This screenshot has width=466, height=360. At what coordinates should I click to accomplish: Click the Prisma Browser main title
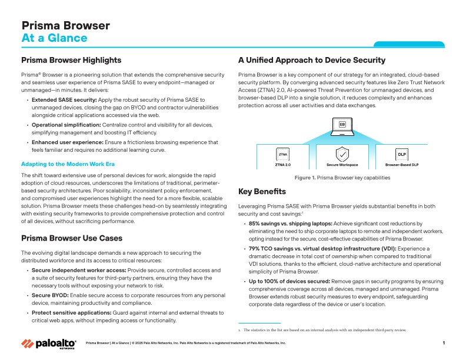(x=65, y=25)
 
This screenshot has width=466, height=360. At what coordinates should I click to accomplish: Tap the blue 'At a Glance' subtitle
(x=54, y=39)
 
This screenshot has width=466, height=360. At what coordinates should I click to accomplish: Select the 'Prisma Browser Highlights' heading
(x=71, y=60)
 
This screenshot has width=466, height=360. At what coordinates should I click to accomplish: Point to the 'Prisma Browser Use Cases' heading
(x=72, y=238)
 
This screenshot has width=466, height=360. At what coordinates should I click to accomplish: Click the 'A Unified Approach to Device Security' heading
(x=311, y=60)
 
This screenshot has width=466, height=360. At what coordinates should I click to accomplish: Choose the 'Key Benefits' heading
(x=262, y=192)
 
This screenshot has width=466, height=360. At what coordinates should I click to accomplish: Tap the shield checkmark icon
(x=342, y=154)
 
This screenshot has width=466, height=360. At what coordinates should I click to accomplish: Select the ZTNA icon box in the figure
(x=284, y=154)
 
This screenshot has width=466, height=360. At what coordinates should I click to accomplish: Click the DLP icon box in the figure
(x=402, y=154)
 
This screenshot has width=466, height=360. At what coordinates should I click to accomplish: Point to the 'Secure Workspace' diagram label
(x=342, y=165)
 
